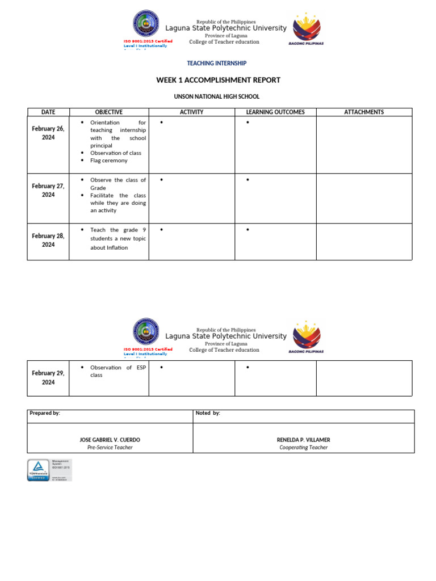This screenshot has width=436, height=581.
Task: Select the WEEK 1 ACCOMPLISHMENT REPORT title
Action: tap(218, 80)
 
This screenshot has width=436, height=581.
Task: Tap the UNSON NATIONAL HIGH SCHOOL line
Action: tap(218, 97)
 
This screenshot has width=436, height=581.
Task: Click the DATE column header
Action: tap(48, 112)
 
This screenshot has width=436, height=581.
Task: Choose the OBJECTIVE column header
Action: tap(108, 112)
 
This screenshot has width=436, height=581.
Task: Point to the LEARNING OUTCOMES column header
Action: tap(275, 112)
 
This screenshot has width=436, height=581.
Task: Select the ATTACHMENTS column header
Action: tap(364, 112)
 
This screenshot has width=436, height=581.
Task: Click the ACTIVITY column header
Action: tap(191, 112)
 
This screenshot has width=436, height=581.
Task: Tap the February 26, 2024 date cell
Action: tap(48, 133)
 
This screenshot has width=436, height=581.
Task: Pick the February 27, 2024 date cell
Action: tap(48, 191)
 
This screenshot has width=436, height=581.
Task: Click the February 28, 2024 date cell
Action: tap(48, 241)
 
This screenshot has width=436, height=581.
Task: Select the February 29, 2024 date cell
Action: tap(48, 378)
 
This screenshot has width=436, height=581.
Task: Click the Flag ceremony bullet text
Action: tap(109, 161)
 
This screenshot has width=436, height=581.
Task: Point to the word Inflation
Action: tap(116, 248)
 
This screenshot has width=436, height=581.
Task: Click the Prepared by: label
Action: tap(45, 413)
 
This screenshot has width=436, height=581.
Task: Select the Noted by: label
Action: tap(208, 413)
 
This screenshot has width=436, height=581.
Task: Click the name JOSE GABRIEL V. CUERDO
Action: tap(110, 440)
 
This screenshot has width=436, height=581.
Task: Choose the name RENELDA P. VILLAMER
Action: tap(303, 440)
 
